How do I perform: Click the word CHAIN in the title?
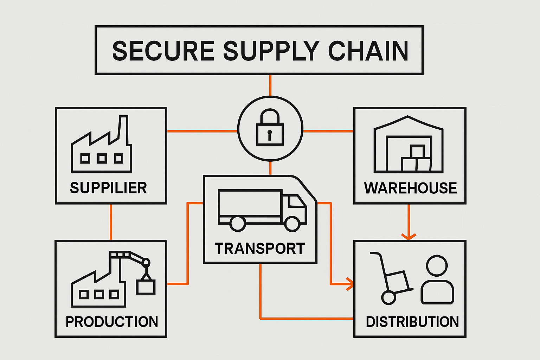tap(368, 51)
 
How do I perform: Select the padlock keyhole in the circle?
tap(270, 134)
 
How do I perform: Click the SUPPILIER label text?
tap(108, 188)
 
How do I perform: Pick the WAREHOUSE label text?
tap(410, 188)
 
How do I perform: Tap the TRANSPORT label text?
tap(260, 249)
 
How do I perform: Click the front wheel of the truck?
tap(292, 224)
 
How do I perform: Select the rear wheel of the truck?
tap(238, 224)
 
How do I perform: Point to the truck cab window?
tap(296, 202)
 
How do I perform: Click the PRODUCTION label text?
tap(112, 322)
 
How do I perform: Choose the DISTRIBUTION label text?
tap(412, 322)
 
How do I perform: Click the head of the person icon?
tap(437, 265)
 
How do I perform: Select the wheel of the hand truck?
tap(388, 298)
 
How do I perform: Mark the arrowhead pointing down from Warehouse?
tap(409, 236)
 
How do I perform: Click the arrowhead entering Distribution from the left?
tap(349, 284)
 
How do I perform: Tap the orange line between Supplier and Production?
tap(111, 222)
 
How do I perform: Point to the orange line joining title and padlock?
tap(270, 85)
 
